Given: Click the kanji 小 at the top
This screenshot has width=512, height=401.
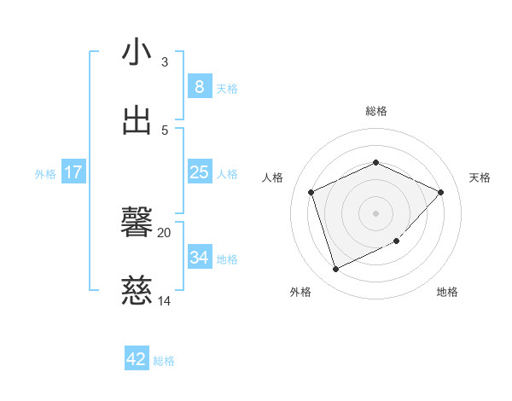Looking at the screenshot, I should click(x=137, y=52).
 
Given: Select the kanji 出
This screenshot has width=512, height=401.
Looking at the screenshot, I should click(x=137, y=120).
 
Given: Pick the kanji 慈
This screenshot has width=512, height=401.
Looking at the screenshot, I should click(x=137, y=291).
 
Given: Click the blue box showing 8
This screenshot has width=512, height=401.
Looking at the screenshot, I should click(x=199, y=87).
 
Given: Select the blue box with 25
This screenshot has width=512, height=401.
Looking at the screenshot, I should click(x=199, y=172).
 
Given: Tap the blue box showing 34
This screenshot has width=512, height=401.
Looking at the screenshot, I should click(x=199, y=258).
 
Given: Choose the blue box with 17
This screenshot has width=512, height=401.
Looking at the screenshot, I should click(x=73, y=172).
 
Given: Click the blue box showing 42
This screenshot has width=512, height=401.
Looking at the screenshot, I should click(x=137, y=359).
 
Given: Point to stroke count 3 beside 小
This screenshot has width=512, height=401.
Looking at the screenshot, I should click(x=165, y=62).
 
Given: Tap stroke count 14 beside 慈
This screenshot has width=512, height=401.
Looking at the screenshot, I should click(x=165, y=301).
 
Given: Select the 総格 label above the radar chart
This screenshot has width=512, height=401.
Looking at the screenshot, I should click(x=376, y=111).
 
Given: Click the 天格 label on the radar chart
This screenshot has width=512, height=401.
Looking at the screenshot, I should click(x=480, y=177).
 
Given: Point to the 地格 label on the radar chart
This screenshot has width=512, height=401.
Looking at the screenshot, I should click(x=447, y=292).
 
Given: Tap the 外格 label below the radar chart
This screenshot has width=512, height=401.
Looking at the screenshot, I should click(x=300, y=292).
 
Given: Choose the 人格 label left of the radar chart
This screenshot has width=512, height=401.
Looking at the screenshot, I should click(x=272, y=177).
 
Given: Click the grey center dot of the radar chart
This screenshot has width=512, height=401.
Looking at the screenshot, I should click(x=376, y=213).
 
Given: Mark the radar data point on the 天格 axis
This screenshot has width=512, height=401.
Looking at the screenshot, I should click(x=440, y=193).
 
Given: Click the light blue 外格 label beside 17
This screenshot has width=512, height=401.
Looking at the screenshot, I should click(x=45, y=173).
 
